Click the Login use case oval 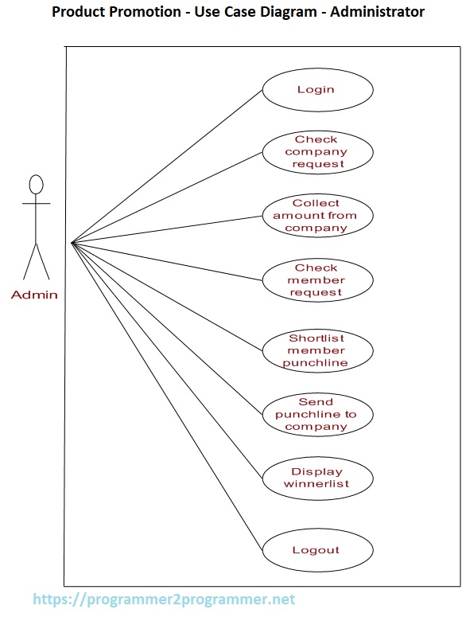tap(316, 89)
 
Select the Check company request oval tap(316, 151)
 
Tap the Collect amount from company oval tap(316, 215)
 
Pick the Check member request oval tap(316, 280)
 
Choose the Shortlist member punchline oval tap(316, 350)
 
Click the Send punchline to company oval tap(316, 414)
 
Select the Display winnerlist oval tap(316, 478)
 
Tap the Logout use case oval tap(316, 550)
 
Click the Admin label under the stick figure tap(34, 295)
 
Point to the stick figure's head tap(36, 185)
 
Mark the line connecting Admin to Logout tap(167, 396)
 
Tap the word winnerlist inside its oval tap(316, 483)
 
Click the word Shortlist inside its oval tap(316, 338)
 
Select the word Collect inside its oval tap(316, 203)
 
